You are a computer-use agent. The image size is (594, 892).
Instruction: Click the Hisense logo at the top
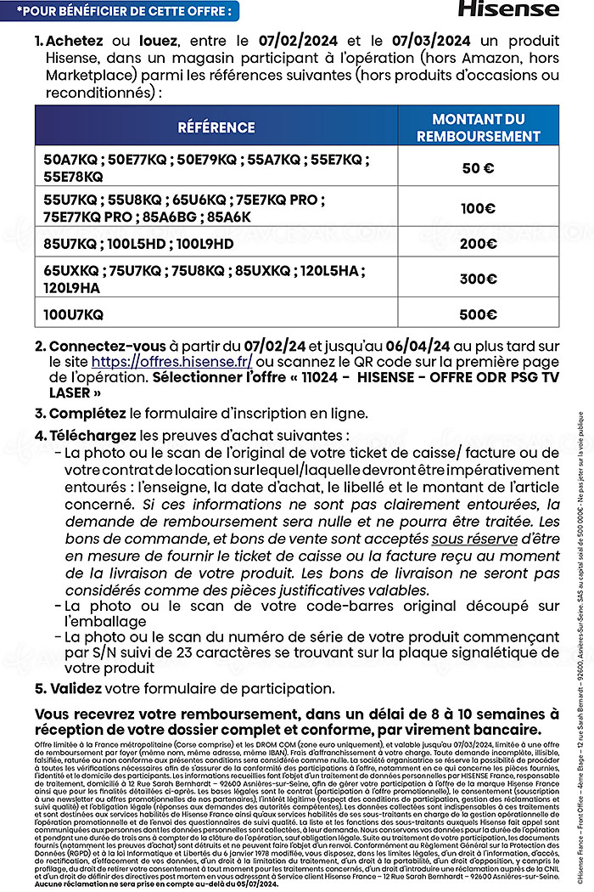pyautogui.click(x=508, y=9)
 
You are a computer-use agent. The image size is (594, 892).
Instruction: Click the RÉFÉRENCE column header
pyautogui.click(x=216, y=127)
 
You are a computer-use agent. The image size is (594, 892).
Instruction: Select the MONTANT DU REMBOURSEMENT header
pyautogui.click(x=478, y=127)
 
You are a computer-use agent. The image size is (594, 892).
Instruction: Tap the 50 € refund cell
pyautogui.click(x=478, y=168)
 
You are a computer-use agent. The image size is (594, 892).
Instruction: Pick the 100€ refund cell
pyautogui.click(x=478, y=208)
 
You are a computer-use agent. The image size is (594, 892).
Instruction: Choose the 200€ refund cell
pyautogui.click(x=478, y=244)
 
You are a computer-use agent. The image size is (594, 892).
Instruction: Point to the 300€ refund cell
pyautogui.click(x=478, y=279)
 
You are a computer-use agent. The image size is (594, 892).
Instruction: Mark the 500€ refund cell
pyautogui.click(x=478, y=313)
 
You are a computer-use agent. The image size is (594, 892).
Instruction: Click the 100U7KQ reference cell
pyautogui.click(x=74, y=313)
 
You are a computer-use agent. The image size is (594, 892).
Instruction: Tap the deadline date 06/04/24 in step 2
pyautogui.click(x=417, y=346)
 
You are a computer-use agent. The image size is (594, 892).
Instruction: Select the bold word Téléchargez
pyautogui.click(x=92, y=436)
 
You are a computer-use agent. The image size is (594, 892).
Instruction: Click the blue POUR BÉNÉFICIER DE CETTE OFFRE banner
pyautogui.click(x=119, y=10)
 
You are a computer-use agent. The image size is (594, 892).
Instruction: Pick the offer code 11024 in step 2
pyautogui.click(x=344, y=376)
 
